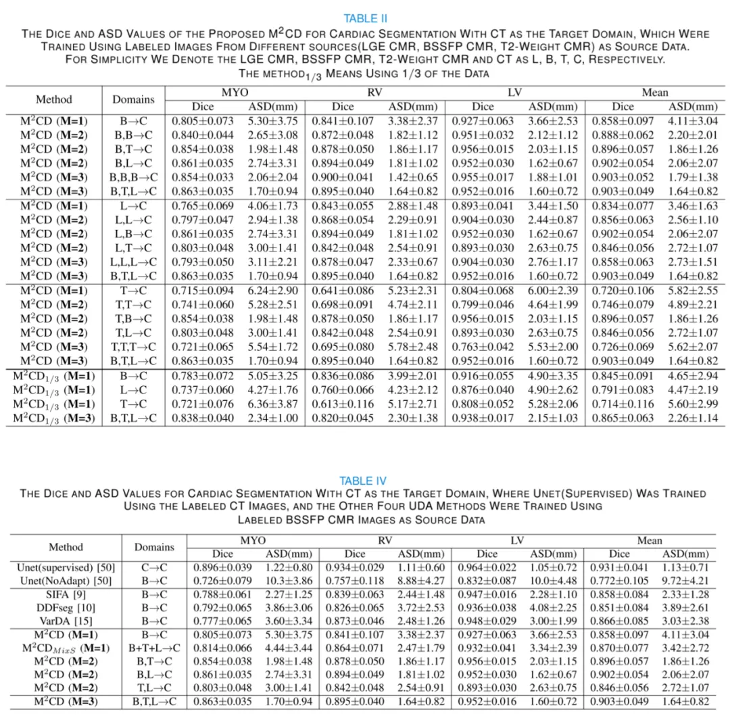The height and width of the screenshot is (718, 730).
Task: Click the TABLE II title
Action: point(365,18)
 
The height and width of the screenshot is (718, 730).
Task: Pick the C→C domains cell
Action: point(154,568)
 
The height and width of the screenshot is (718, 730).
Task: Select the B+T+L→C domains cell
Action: point(154,647)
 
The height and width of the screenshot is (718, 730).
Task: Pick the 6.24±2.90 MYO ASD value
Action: point(269,289)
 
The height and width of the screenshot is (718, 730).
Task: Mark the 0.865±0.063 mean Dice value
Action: point(623,417)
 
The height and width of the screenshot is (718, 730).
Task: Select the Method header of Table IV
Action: point(66,547)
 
